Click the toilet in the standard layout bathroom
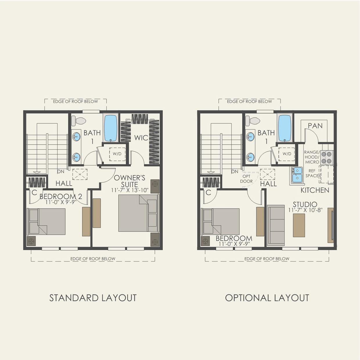(x=78, y=121)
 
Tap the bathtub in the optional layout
(x=285, y=128)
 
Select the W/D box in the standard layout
(x=117, y=154)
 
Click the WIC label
(x=141, y=138)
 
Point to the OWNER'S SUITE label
(x=129, y=181)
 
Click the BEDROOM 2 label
(x=61, y=197)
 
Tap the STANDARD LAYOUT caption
(x=93, y=298)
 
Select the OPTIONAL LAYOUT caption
(x=267, y=298)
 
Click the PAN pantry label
(x=315, y=126)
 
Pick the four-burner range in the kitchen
(x=327, y=157)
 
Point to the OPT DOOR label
(x=246, y=179)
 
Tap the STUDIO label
(x=305, y=204)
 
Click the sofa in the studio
(x=276, y=225)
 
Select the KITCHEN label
(x=315, y=190)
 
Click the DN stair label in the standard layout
(x=60, y=171)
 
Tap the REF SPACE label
(x=312, y=173)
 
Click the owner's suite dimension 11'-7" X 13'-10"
(x=130, y=190)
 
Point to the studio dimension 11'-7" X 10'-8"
(x=305, y=210)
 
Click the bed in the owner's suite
(x=138, y=213)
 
